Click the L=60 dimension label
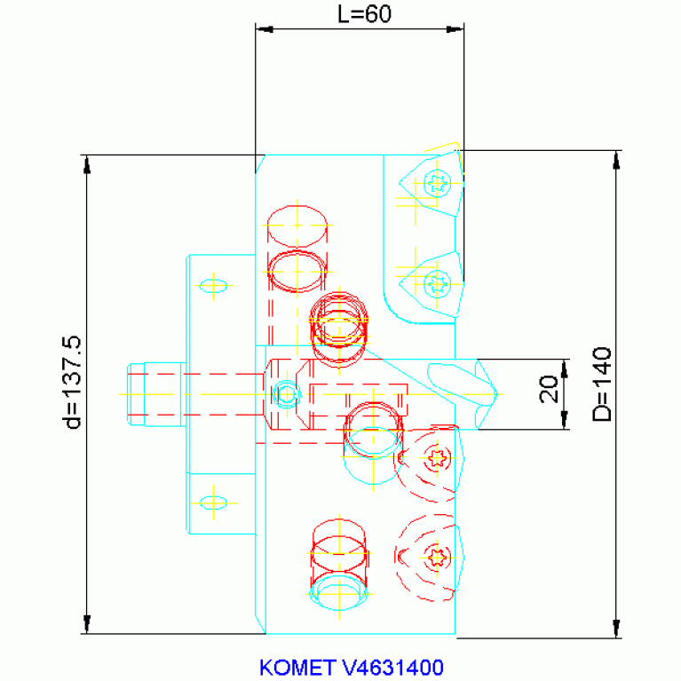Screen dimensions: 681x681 point(364,14)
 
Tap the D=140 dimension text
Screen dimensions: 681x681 point(602,384)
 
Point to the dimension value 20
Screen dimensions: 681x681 point(549,389)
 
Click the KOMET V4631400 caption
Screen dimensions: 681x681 point(352,668)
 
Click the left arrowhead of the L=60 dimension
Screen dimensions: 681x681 point(265,29)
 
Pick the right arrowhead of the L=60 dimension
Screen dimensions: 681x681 point(455,29)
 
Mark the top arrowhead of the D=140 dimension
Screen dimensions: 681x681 point(616,160)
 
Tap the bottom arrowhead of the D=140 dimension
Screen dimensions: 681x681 point(616,629)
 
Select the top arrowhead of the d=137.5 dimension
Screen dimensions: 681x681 point(87,163)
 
